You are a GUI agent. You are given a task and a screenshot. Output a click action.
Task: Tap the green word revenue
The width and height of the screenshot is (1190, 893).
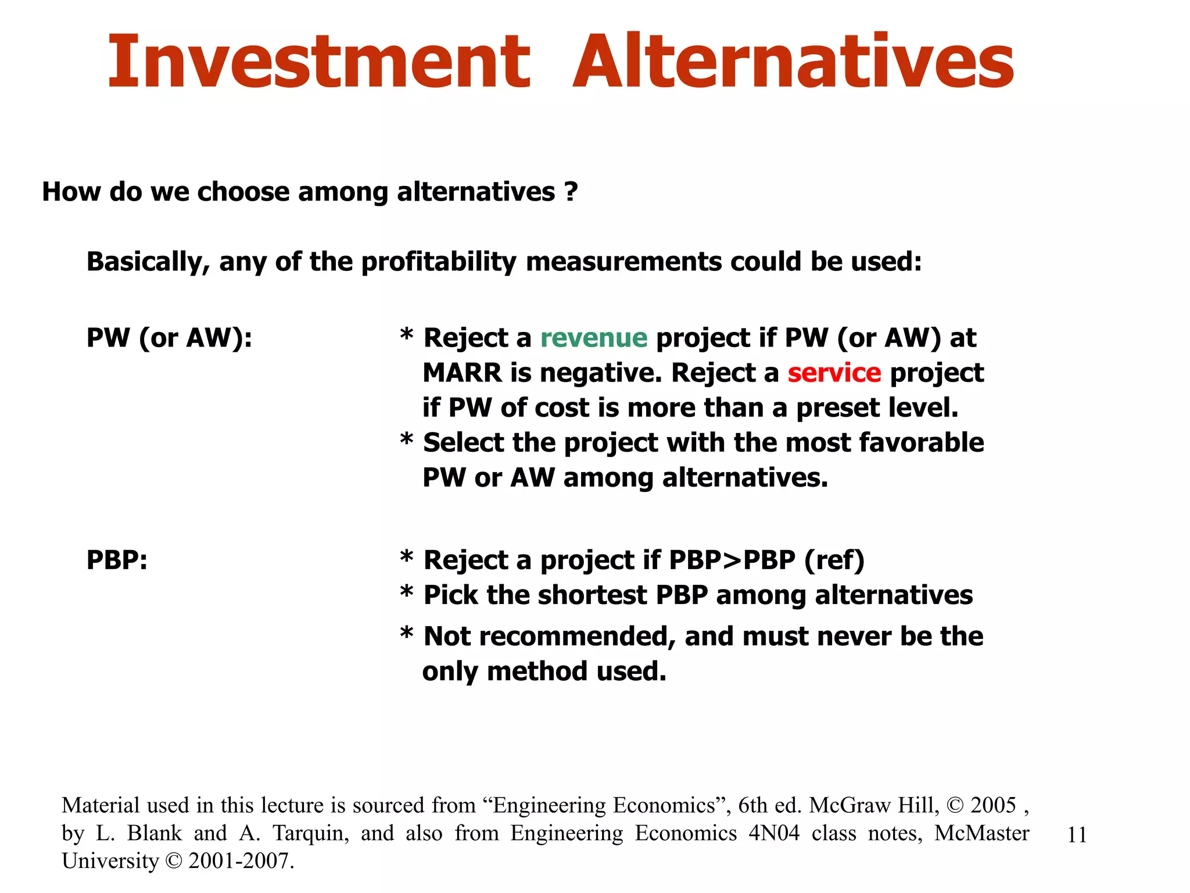593,338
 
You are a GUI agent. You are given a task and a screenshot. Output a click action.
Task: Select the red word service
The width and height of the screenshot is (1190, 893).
834,373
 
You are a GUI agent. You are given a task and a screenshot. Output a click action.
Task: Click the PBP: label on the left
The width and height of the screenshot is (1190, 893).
117,560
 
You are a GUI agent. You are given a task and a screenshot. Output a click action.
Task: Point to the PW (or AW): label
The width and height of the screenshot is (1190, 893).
169,338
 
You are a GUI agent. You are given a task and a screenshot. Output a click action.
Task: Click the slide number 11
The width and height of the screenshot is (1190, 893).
1077,835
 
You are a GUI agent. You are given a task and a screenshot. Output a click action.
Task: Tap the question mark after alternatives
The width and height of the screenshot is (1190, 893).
571,191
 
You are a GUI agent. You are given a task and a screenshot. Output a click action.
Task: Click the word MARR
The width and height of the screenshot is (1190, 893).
462,373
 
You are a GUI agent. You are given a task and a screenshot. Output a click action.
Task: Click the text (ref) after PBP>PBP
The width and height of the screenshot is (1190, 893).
834,560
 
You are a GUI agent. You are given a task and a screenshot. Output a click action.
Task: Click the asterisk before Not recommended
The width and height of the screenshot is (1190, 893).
407,633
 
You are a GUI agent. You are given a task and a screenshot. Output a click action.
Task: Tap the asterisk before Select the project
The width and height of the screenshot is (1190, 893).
407,440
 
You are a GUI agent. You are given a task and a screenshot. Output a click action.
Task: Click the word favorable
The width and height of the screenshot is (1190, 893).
921,442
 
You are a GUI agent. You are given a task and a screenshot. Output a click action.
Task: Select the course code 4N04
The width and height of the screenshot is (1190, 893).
773,833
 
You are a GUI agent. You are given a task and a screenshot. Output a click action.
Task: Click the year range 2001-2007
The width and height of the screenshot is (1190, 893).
241,861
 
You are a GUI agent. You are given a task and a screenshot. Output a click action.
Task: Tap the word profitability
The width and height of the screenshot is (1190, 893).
438,262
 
